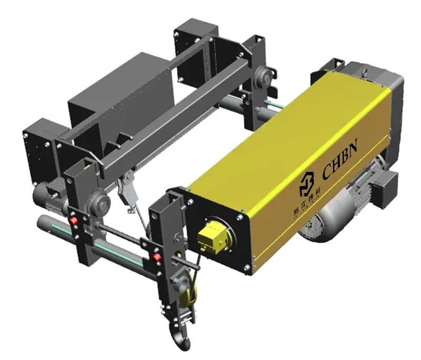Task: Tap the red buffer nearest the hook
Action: [156, 257]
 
